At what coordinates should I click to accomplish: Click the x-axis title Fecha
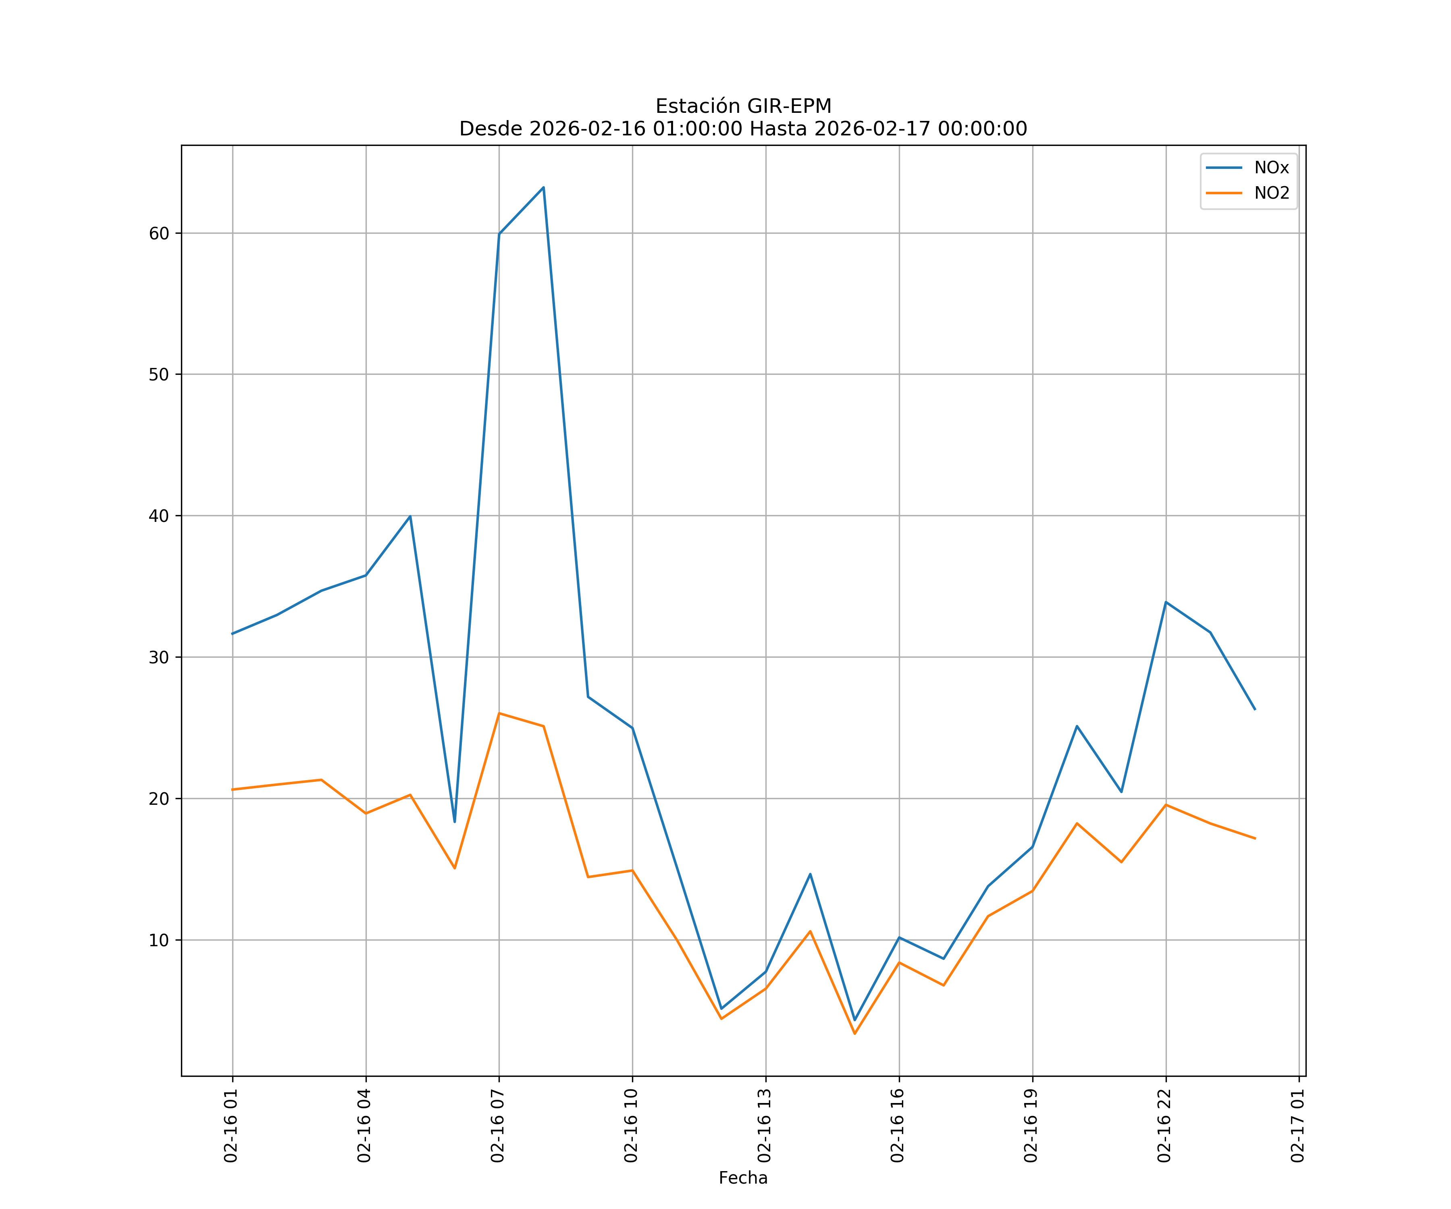(x=743, y=1178)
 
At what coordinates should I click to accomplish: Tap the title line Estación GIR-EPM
(x=743, y=106)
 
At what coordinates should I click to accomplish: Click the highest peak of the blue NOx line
(x=544, y=187)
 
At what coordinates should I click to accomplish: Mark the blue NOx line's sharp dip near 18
(x=455, y=821)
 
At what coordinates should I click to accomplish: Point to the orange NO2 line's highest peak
(x=499, y=713)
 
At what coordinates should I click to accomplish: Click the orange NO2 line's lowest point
(x=855, y=1034)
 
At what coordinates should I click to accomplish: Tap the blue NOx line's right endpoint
(x=1255, y=710)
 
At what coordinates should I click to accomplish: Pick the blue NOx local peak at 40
(x=410, y=516)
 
